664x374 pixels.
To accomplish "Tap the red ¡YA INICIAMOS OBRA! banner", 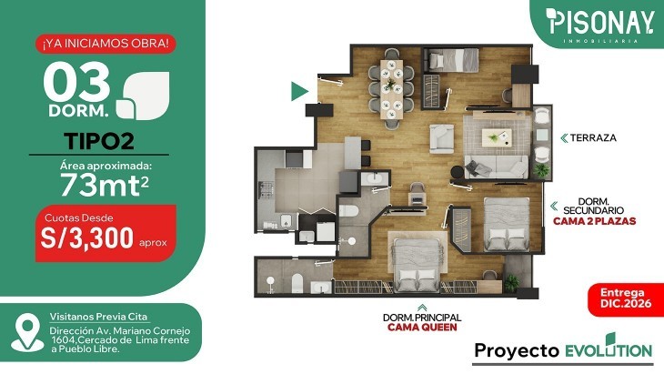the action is click(106, 44).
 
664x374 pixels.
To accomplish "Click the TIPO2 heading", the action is click(99, 141).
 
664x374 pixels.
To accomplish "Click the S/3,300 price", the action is click(86, 238).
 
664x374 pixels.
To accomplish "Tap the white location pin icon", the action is click(27, 332).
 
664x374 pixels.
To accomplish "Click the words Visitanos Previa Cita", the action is click(98, 317).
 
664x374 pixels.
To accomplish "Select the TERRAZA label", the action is click(593, 137).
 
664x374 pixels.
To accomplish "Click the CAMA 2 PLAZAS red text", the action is click(595, 221).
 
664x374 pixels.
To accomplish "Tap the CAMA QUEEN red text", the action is click(422, 327).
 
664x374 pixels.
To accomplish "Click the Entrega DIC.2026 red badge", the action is click(626, 298).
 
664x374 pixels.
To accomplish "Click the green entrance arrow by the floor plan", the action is click(299, 92).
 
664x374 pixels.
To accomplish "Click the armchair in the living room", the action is click(441, 138).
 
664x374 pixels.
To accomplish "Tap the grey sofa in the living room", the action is click(497, 167).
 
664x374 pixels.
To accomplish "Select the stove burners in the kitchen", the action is click(267, 189).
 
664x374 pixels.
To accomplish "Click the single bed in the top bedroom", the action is click(452, 60).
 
